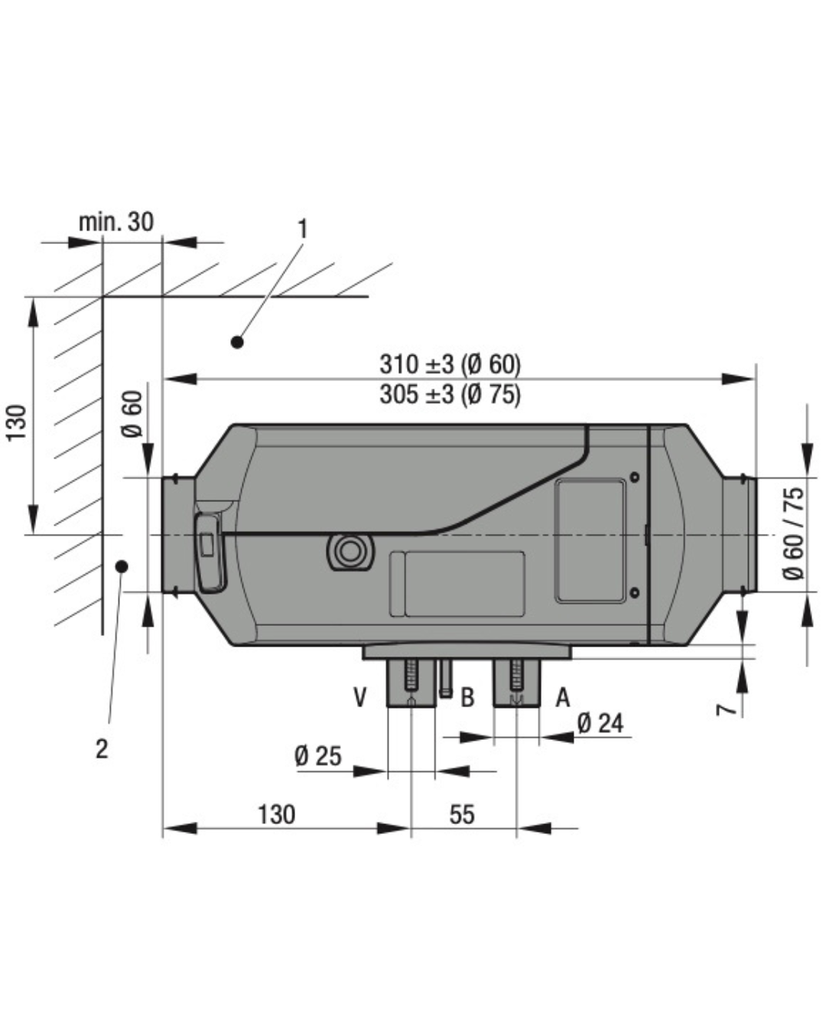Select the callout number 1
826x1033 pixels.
(x=303, y=229)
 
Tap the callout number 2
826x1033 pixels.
(x=102, y=748)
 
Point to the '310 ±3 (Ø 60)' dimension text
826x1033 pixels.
(x=450, y=363)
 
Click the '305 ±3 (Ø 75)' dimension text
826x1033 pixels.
(x=450, y=394)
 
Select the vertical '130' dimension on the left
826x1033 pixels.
(x=17, y=422)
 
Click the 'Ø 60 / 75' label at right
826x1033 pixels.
(x=794, y=533)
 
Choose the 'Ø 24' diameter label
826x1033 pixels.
(x=600, y=722)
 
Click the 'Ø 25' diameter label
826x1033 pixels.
(x=317, y=756)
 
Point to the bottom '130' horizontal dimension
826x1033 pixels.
(x=275, y=814)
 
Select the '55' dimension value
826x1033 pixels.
(x=462, y=814)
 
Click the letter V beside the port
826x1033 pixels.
(x=360, y=697)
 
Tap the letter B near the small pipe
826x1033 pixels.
(x=467, y=697)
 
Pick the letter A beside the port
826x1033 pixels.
(x=562, y=697)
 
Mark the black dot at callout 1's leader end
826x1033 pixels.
(x=237, y=342)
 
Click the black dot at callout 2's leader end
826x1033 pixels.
(x=120, y=565)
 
